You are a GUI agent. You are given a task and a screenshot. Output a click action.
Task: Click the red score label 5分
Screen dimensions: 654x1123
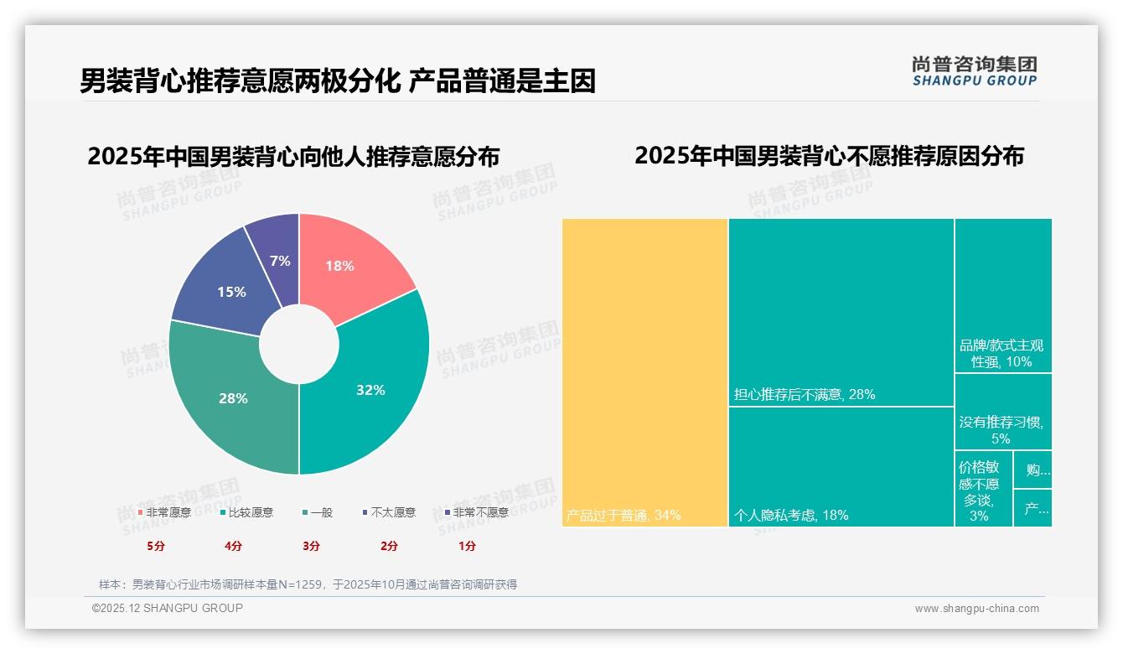(156, 546)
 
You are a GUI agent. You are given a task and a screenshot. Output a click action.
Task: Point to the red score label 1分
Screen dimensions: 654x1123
(467, 546)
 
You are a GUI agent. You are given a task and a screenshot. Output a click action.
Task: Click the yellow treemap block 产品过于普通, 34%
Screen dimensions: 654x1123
(644, 372)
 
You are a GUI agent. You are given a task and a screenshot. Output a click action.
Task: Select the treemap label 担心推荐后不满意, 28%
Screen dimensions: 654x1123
(805, 394)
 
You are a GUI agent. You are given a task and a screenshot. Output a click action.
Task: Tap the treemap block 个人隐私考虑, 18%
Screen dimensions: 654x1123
(841, 466)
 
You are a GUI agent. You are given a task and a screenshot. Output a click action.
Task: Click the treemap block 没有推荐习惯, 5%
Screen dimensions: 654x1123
(1002, 412)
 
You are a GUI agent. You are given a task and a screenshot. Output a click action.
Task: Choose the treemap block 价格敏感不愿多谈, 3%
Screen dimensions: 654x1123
(983, 489)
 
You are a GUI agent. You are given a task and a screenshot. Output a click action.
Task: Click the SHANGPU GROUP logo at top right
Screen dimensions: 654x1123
(975, 71)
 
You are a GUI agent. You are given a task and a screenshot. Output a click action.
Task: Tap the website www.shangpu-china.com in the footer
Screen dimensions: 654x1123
(976, 609)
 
